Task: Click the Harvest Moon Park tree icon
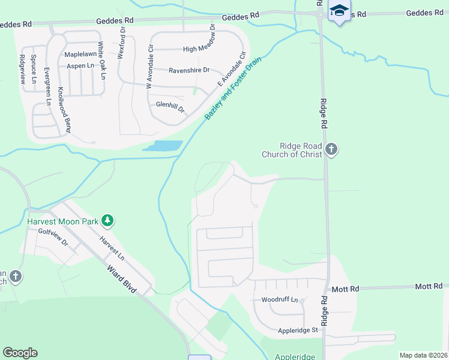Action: [x=107, y=221]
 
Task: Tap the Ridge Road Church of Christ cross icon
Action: [x=331, y=149]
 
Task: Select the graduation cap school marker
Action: [x=340, y=11]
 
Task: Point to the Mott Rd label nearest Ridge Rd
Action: [x=345, y=289]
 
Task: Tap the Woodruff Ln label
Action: [x=279, y=299]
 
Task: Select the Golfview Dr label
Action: [x=53, y=239]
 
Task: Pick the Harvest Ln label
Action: [x=112, y=248]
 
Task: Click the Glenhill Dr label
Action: [x=170, y=107]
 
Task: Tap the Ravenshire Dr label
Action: [x=189, y=70]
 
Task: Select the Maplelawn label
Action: [x=81, y=54]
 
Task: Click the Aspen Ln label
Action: [x=80, y=66]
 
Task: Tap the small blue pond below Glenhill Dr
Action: [x=162, y=146]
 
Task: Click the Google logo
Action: [x=20, y=353]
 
